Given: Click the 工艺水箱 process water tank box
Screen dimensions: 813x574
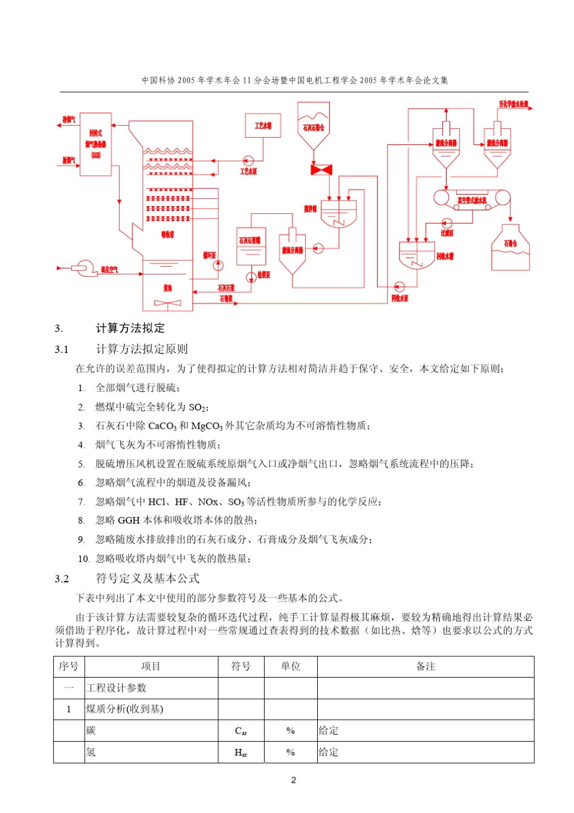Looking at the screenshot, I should coord(263,126).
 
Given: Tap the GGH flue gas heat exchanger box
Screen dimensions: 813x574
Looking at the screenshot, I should coord(95,144).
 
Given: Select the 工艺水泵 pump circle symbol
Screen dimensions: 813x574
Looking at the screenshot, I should coord(248,161).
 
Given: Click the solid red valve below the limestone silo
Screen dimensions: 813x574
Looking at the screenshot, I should coord(321,170).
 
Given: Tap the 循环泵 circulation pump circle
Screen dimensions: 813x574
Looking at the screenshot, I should coord(218,265).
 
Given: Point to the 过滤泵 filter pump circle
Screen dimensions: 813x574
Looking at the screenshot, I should coord(447,224).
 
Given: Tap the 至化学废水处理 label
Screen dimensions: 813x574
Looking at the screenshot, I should coord(513,104).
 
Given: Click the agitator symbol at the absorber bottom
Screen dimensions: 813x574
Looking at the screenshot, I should coord(167,303).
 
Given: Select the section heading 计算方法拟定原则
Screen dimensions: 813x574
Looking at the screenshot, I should coord(142,349).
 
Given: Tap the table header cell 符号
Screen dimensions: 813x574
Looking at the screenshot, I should coord(240,666).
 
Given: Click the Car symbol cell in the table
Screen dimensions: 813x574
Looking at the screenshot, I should coord(240,731).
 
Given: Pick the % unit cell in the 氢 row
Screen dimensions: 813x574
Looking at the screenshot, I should coord(290,753).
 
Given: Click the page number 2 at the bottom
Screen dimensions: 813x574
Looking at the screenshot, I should coord(294,780).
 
